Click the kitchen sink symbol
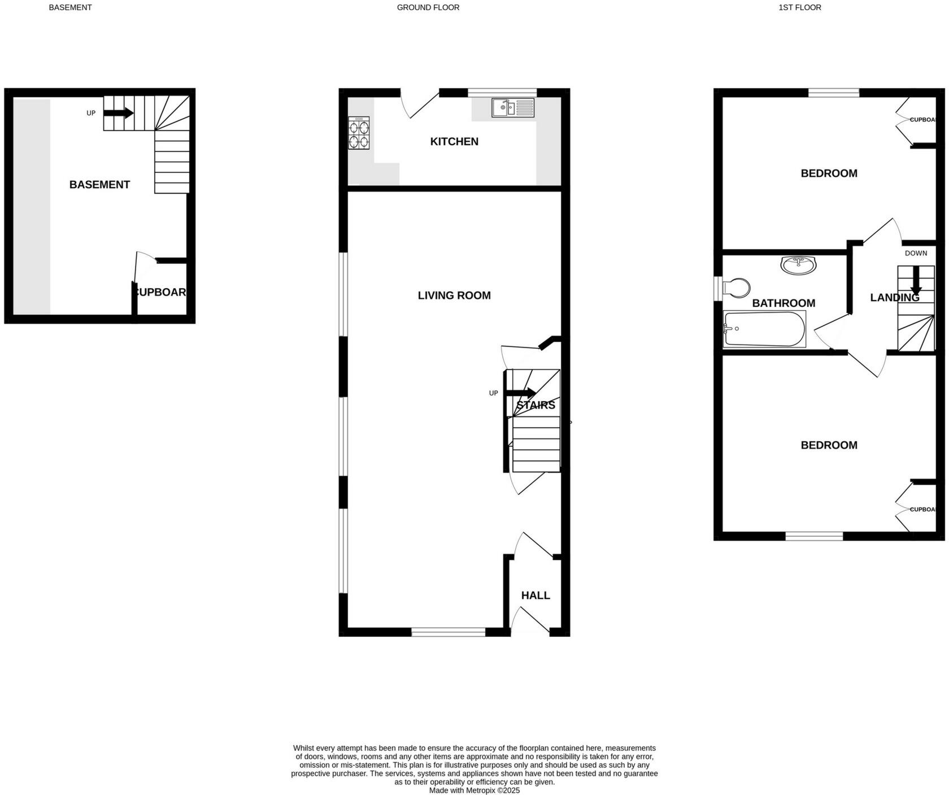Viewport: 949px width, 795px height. [512, 107]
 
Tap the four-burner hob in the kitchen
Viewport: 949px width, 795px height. [358, 133]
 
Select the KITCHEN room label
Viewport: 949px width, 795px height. [454, 141]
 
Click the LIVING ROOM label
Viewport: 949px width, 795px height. [454, 296]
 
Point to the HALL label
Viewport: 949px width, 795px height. [536, 596]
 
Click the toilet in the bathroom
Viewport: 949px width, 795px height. [736, 288]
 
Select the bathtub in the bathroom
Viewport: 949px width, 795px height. [764, 329]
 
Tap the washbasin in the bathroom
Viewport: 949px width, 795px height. [798, 264]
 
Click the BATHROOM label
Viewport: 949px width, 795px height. [783, 303]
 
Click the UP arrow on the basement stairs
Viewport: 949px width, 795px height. [118, 113]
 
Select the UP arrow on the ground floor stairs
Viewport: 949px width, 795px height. [520, 393]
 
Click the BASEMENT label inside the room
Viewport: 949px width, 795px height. [99, 185]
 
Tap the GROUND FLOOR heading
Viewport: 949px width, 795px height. [428, 7]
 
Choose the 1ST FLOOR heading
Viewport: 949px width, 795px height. [800, 7]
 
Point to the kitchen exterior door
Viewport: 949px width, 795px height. [419, 103]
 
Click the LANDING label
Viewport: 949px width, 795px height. [894, 297]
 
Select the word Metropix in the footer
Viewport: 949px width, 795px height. [481, 790]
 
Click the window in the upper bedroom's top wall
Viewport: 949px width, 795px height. [834, 93]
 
